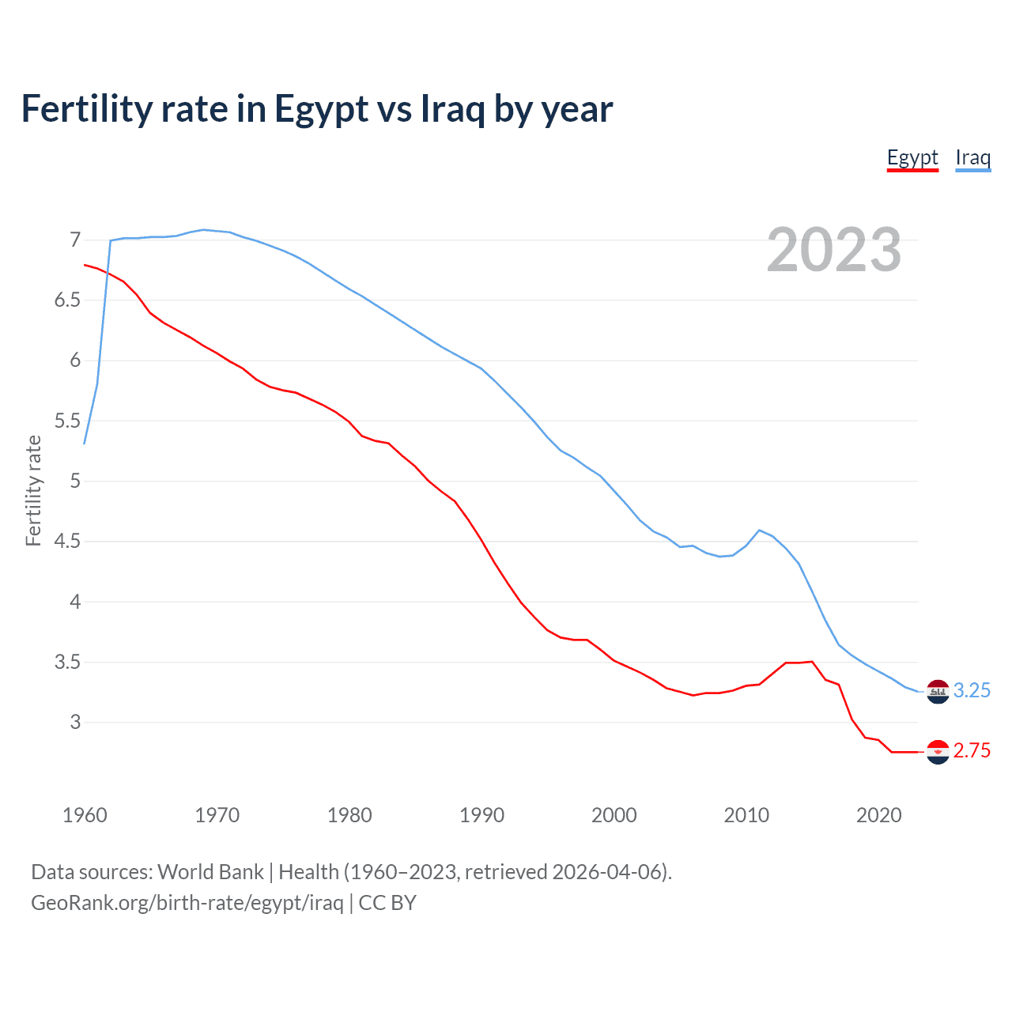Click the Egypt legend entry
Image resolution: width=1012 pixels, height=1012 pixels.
[912, 157]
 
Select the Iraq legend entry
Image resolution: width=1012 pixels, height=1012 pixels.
[972, 157]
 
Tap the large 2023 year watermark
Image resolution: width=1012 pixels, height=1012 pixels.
[833, 250]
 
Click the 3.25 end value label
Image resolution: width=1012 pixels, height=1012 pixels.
[972, 690]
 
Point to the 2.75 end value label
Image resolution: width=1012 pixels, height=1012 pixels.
[972, 750]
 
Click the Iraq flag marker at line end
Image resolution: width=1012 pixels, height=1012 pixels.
[938, 691]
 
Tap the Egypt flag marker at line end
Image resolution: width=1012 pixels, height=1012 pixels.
[938, 752]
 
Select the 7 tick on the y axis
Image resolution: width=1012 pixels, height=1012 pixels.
[75, 240]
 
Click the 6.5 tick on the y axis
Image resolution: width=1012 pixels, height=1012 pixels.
[68, 300]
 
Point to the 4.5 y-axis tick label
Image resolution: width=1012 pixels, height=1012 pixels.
[68, 542]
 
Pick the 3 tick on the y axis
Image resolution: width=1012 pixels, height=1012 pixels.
[75, 722]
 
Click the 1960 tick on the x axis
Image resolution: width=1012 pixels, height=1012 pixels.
[85, 815]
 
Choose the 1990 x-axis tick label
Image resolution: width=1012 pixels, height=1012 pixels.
[481, 815]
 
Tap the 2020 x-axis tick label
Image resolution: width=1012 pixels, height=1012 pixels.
[878, 815]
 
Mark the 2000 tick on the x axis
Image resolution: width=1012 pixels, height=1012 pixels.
[614, 815]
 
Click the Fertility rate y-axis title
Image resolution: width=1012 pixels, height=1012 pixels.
[33, 490]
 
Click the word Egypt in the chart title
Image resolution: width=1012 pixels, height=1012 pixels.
[321, 109]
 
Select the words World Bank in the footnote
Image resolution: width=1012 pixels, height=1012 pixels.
[210, 872]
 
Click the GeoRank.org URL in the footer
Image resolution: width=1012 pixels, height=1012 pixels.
[187, 903]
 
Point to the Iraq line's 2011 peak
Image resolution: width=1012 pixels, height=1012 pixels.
[759, 531]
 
